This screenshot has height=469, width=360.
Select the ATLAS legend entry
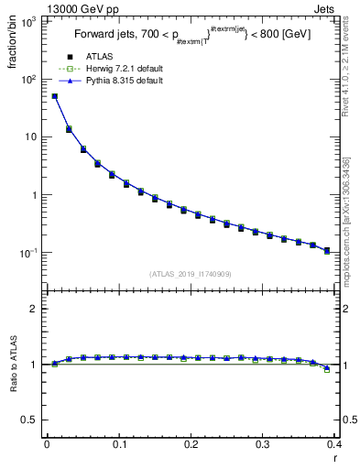tap(98, 57)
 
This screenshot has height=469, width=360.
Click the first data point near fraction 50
tap(54, 96)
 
